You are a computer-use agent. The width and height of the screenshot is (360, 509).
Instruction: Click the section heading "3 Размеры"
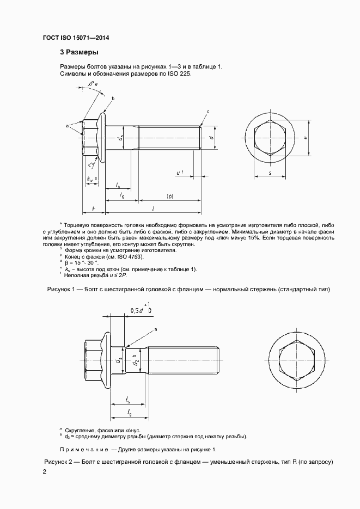pos(79,53)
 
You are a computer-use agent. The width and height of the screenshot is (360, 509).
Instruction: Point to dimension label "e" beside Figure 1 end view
pos(306,138)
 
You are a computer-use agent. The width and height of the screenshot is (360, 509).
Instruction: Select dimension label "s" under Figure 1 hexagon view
pos(270,173)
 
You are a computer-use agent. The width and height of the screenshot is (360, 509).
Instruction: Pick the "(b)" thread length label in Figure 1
pos(169,195)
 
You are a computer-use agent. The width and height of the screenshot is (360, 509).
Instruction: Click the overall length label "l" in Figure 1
pos(154,208)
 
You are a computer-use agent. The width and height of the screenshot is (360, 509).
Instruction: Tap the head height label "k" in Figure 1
pos(94,208)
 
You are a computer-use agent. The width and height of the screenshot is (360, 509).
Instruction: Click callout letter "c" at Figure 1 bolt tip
pos(208,112)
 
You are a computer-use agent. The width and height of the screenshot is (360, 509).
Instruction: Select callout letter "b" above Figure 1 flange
pos(113,99)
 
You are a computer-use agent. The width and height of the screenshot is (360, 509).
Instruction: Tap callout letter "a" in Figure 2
pos(155,329)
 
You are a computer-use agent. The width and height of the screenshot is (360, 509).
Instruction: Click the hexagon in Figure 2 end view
pos(297,360)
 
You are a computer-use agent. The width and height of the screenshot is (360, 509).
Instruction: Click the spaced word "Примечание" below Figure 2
pos(84,449)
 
